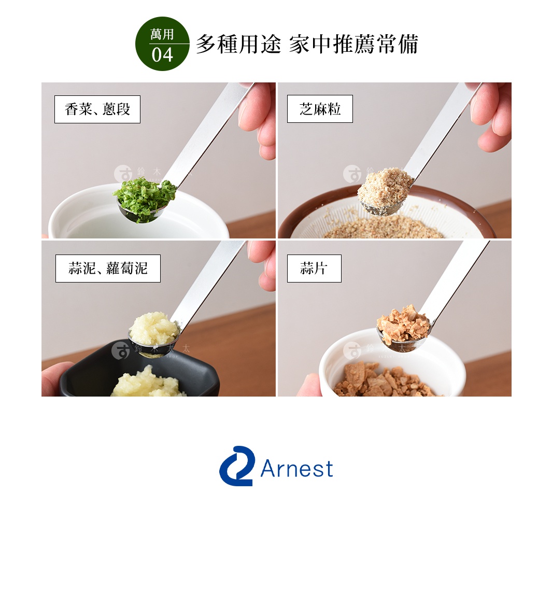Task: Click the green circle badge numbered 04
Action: (162, 44)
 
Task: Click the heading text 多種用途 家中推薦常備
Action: (306, 44)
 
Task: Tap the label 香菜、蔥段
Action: (97, 109)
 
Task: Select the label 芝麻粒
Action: (320, 109)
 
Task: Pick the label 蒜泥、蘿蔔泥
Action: (108, 269)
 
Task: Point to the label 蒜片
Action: (314, 269)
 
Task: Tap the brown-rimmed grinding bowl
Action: (306, 218)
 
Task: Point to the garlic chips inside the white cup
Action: (384, 381)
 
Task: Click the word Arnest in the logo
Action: (296, 469)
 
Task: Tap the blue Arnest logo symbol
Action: (236, 466)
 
